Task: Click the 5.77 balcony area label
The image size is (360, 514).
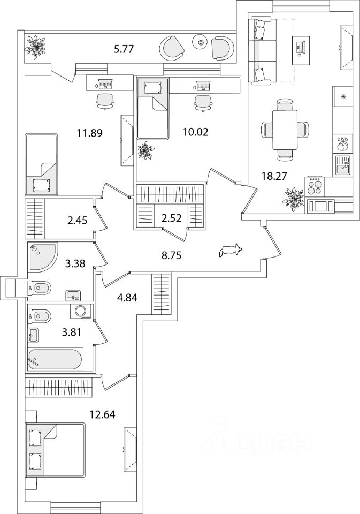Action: coord(124,50)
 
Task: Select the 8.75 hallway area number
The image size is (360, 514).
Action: coord(171,255)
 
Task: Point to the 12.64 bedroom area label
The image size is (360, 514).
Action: coord(103,414)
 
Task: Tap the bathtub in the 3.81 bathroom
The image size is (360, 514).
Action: coord(55,359)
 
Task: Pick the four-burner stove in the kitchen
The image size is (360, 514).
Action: coord(315,187)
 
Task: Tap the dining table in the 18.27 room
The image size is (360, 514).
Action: coord(285,130)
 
